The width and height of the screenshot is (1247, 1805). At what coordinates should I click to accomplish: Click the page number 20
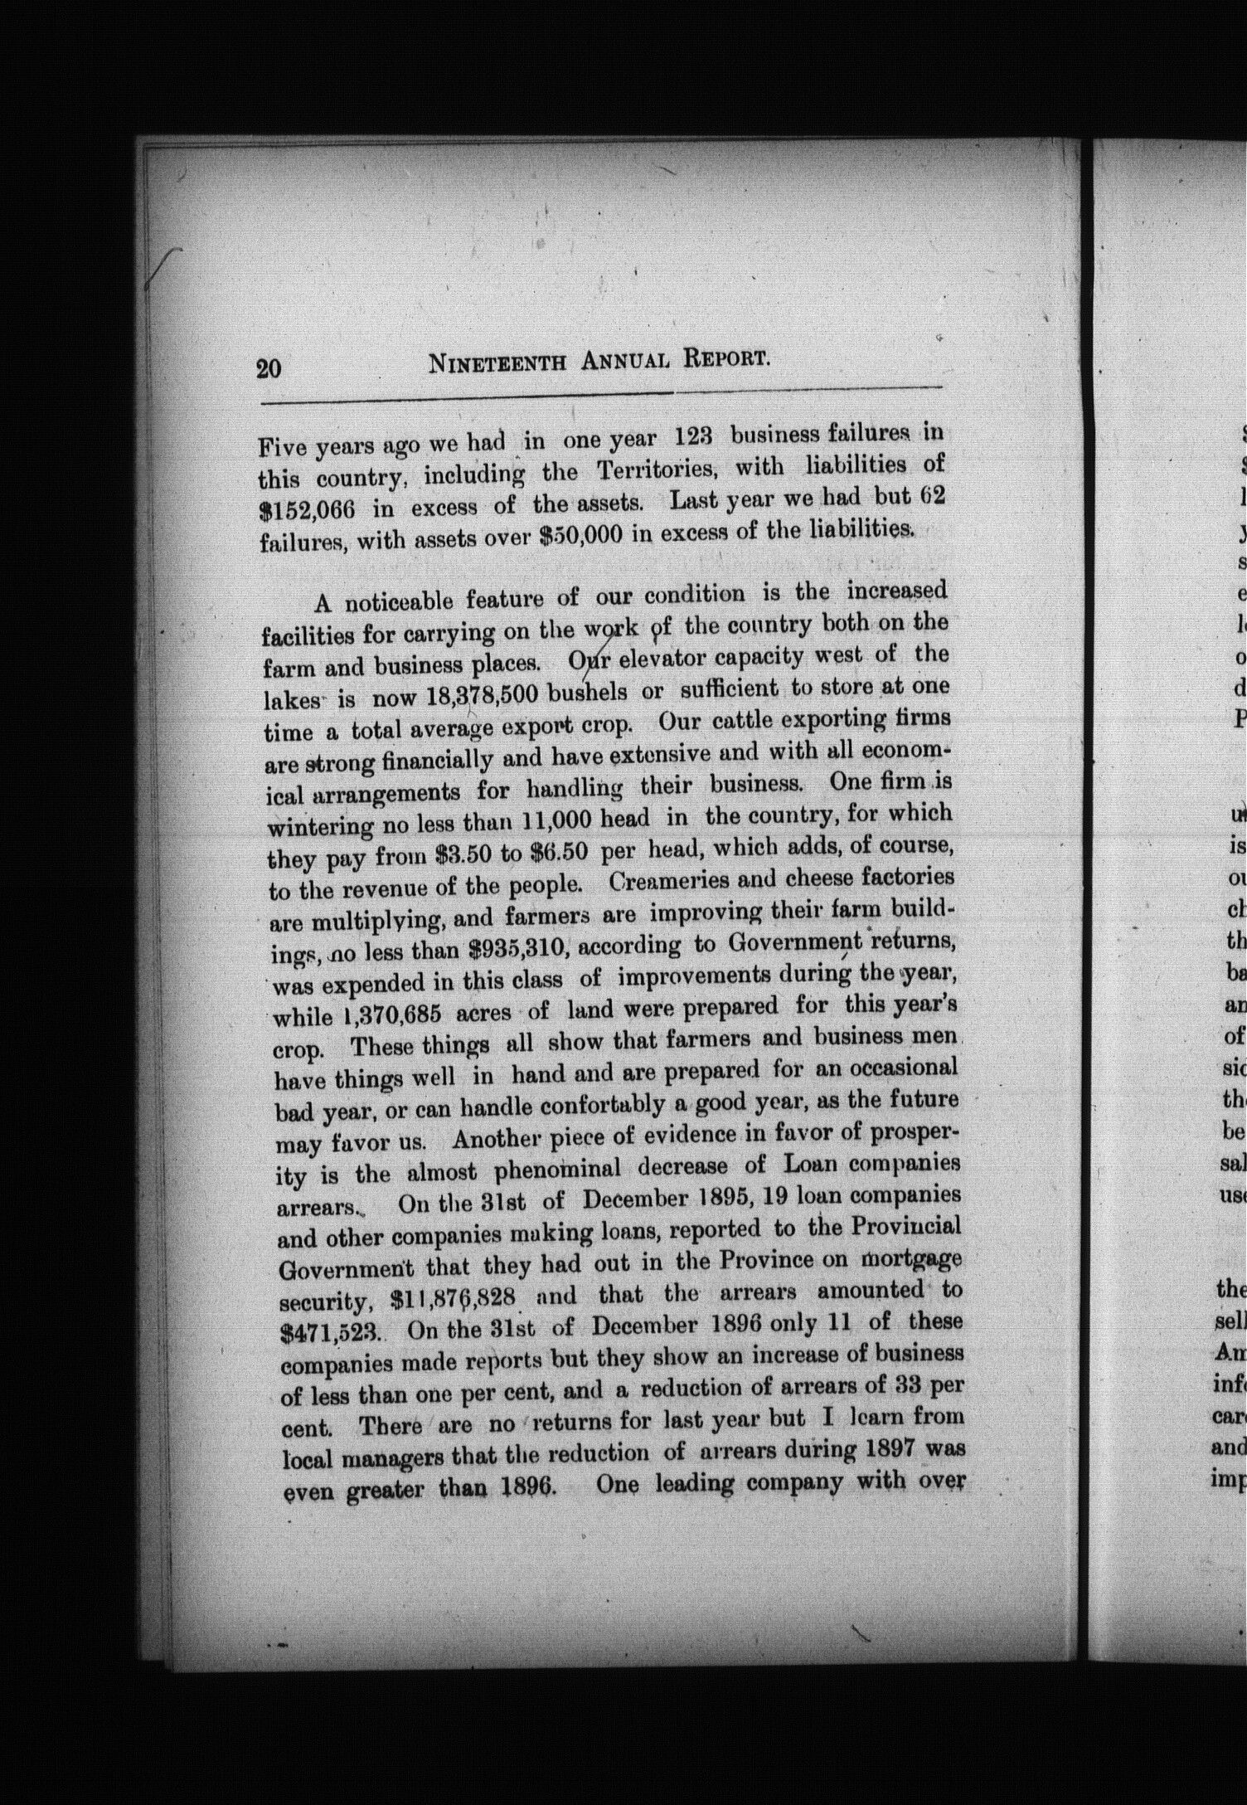269,367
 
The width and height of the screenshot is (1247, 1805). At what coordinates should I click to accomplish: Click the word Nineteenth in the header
497,363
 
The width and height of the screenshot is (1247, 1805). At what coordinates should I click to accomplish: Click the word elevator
653,661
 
